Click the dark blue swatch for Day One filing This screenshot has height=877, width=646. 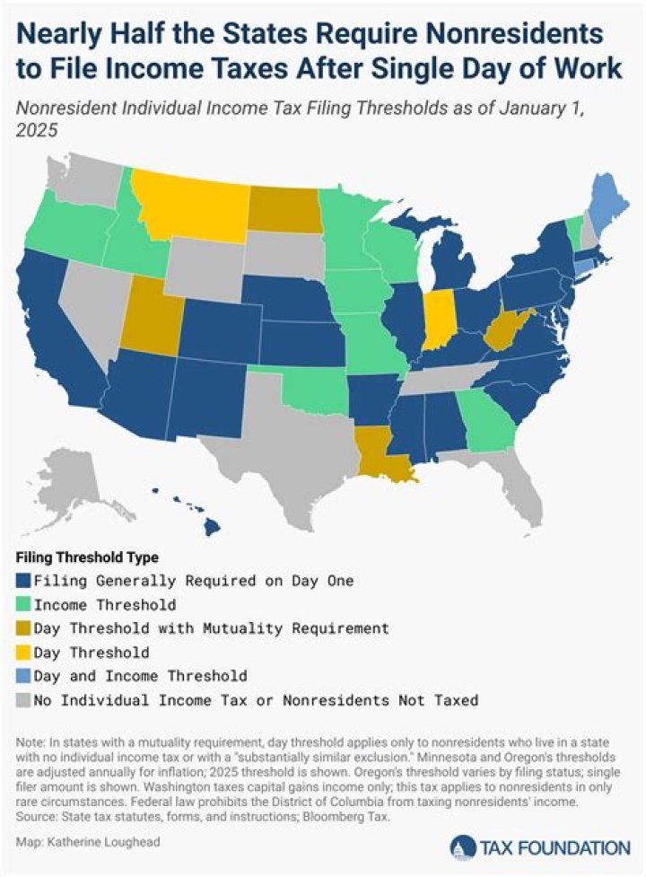click(x=23, y=581)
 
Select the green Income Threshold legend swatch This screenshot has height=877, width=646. click(x=23, y=604)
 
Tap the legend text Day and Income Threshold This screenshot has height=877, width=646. click(x=140, y=674)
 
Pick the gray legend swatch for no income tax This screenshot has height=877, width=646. click(x=23, y=697)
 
